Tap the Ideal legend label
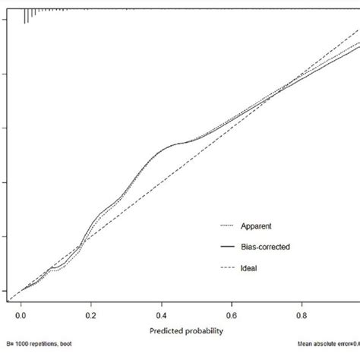click(248, 267)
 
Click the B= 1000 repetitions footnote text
click(42, 352)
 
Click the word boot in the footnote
click(74, 352)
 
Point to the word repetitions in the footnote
click(48, 352)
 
